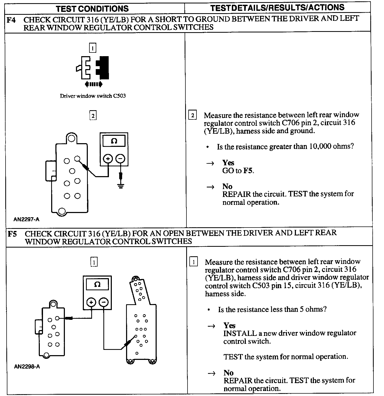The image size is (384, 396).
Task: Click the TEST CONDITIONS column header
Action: [x=92, y=8]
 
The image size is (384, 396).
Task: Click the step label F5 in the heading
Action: [x=13, y=234]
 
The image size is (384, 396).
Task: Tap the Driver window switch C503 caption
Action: [x=93, y=96]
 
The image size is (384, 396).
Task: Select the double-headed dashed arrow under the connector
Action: [x=93, y=84]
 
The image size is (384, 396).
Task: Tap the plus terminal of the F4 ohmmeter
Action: [x=108, y=159]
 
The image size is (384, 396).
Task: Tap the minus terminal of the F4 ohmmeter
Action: [x=121, y=159]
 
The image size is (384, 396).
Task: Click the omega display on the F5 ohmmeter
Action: [x=97, y=285]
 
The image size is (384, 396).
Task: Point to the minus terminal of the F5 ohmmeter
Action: [x=104, y=302]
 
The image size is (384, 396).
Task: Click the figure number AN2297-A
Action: [x=27, y=219]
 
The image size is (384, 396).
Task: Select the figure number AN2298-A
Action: [x=27, y=367]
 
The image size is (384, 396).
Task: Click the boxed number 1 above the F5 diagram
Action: [x=94, y=262]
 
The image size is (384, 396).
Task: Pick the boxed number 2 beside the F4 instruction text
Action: [x=193, y=115]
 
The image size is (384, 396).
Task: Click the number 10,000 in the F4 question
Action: [x=317, y=146]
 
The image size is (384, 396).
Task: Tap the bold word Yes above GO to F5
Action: [x=228, y=163]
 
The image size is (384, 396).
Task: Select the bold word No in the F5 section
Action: [x=228, y=373]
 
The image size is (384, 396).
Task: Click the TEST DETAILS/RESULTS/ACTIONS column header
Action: [x=277, y=8]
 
